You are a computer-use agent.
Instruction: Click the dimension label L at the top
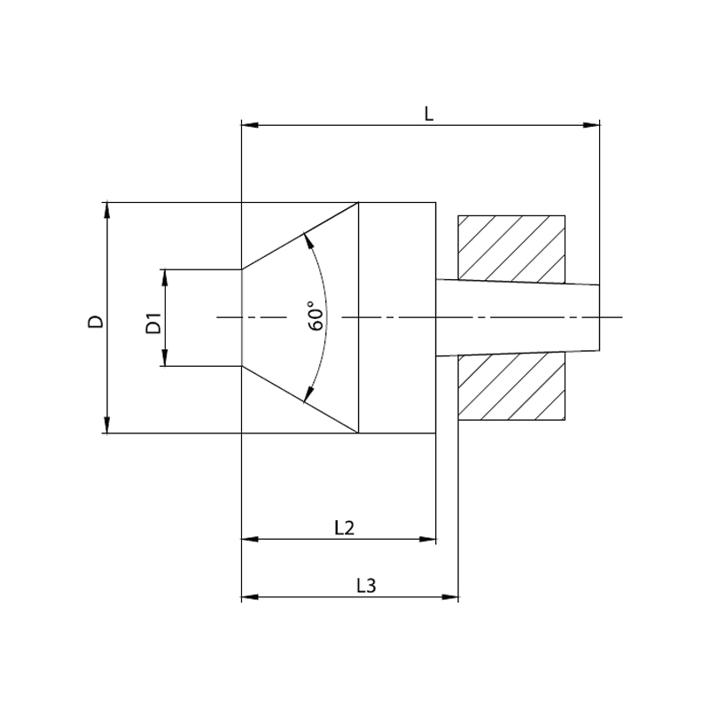[x=429, y=113]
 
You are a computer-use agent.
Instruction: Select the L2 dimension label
[x=345, y=527]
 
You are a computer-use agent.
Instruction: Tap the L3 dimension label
[x=366, y=586]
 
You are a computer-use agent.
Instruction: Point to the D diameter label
[x=96, y=322]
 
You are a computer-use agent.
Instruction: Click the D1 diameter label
[x=153, y=323]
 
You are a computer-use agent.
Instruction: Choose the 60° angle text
[x=316, y=316]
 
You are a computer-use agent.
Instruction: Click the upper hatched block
[x=511, y=249]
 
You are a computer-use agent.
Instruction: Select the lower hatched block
[x=511, y=387]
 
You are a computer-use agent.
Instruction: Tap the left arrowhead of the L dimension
[x=250, y=125]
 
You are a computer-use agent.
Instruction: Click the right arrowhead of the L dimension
[x=591, y=125]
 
